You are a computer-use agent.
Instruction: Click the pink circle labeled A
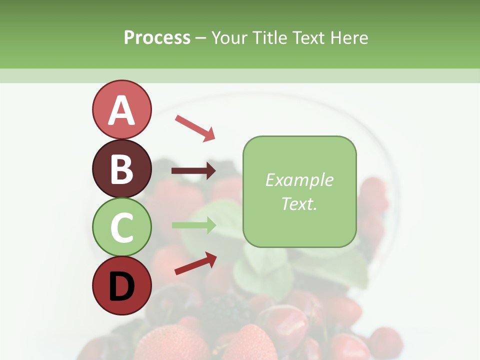pos(121,109)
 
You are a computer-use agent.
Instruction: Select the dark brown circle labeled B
pos(121,168)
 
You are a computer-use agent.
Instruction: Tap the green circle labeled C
pos(121,227)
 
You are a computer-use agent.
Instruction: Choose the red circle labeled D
pos(121,286)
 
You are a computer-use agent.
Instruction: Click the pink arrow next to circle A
pos(194,127)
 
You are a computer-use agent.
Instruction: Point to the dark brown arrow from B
pos(193,171)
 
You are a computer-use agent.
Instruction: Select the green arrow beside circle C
pos(193,225)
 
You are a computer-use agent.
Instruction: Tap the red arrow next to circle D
pos(195,263)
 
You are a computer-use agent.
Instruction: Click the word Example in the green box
pos(299,180)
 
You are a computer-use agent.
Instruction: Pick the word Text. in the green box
pos(299,203)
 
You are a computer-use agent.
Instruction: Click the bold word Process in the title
pos(157,37)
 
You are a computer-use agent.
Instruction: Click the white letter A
pos(121,110)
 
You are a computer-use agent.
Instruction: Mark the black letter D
pos(121,286)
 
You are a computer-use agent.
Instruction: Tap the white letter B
pos(121,169)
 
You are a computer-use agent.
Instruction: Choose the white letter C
pos(121,227)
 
